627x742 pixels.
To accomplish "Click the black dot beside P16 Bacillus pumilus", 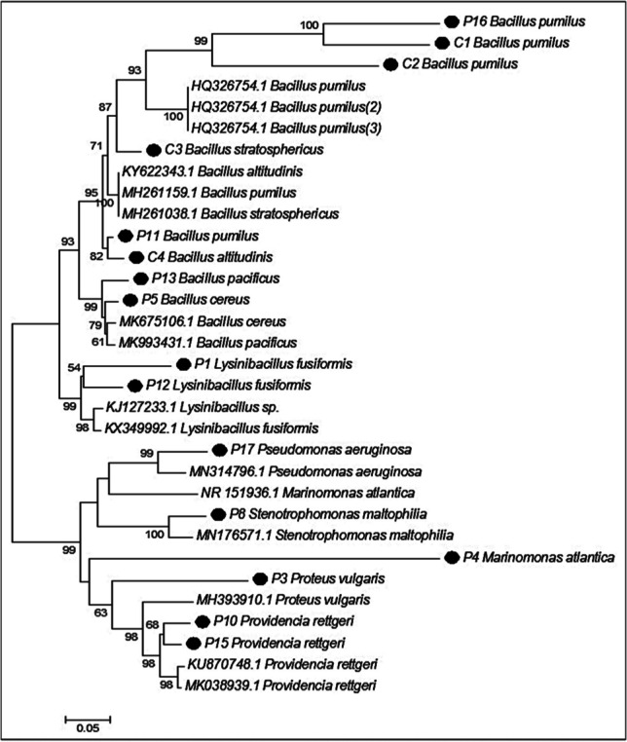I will [x=451, y=20].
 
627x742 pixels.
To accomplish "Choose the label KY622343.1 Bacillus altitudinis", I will [x=203, y=171].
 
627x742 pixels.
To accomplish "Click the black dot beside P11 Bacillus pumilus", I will [x=125, y=236].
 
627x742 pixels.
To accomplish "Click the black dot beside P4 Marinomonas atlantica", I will [x=452, y=557].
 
